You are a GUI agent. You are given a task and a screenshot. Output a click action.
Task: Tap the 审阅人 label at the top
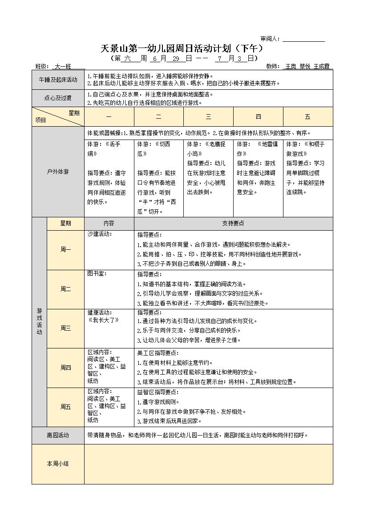270,39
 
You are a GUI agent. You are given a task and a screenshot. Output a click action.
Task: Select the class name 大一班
62,67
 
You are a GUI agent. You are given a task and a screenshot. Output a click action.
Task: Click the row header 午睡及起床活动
58,80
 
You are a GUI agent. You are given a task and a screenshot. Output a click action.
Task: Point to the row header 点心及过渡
58,98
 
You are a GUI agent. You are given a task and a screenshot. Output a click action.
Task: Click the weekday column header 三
208,117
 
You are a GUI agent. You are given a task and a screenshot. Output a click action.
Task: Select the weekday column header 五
307,117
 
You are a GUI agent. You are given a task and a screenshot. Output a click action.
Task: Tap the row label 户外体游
58,172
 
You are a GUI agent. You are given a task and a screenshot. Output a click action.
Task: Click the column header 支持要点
233,224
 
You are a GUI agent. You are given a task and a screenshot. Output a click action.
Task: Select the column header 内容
109,224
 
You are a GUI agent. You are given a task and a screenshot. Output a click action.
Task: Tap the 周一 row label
65,250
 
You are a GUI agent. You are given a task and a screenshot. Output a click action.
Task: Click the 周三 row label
65,328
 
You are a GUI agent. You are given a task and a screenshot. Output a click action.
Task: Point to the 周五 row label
65,407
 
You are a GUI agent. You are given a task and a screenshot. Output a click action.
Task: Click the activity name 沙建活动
100,234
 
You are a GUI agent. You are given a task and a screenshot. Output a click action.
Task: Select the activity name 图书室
97,273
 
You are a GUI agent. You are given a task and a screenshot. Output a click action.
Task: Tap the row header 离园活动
58,436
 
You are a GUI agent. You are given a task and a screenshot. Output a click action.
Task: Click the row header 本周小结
58,464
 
